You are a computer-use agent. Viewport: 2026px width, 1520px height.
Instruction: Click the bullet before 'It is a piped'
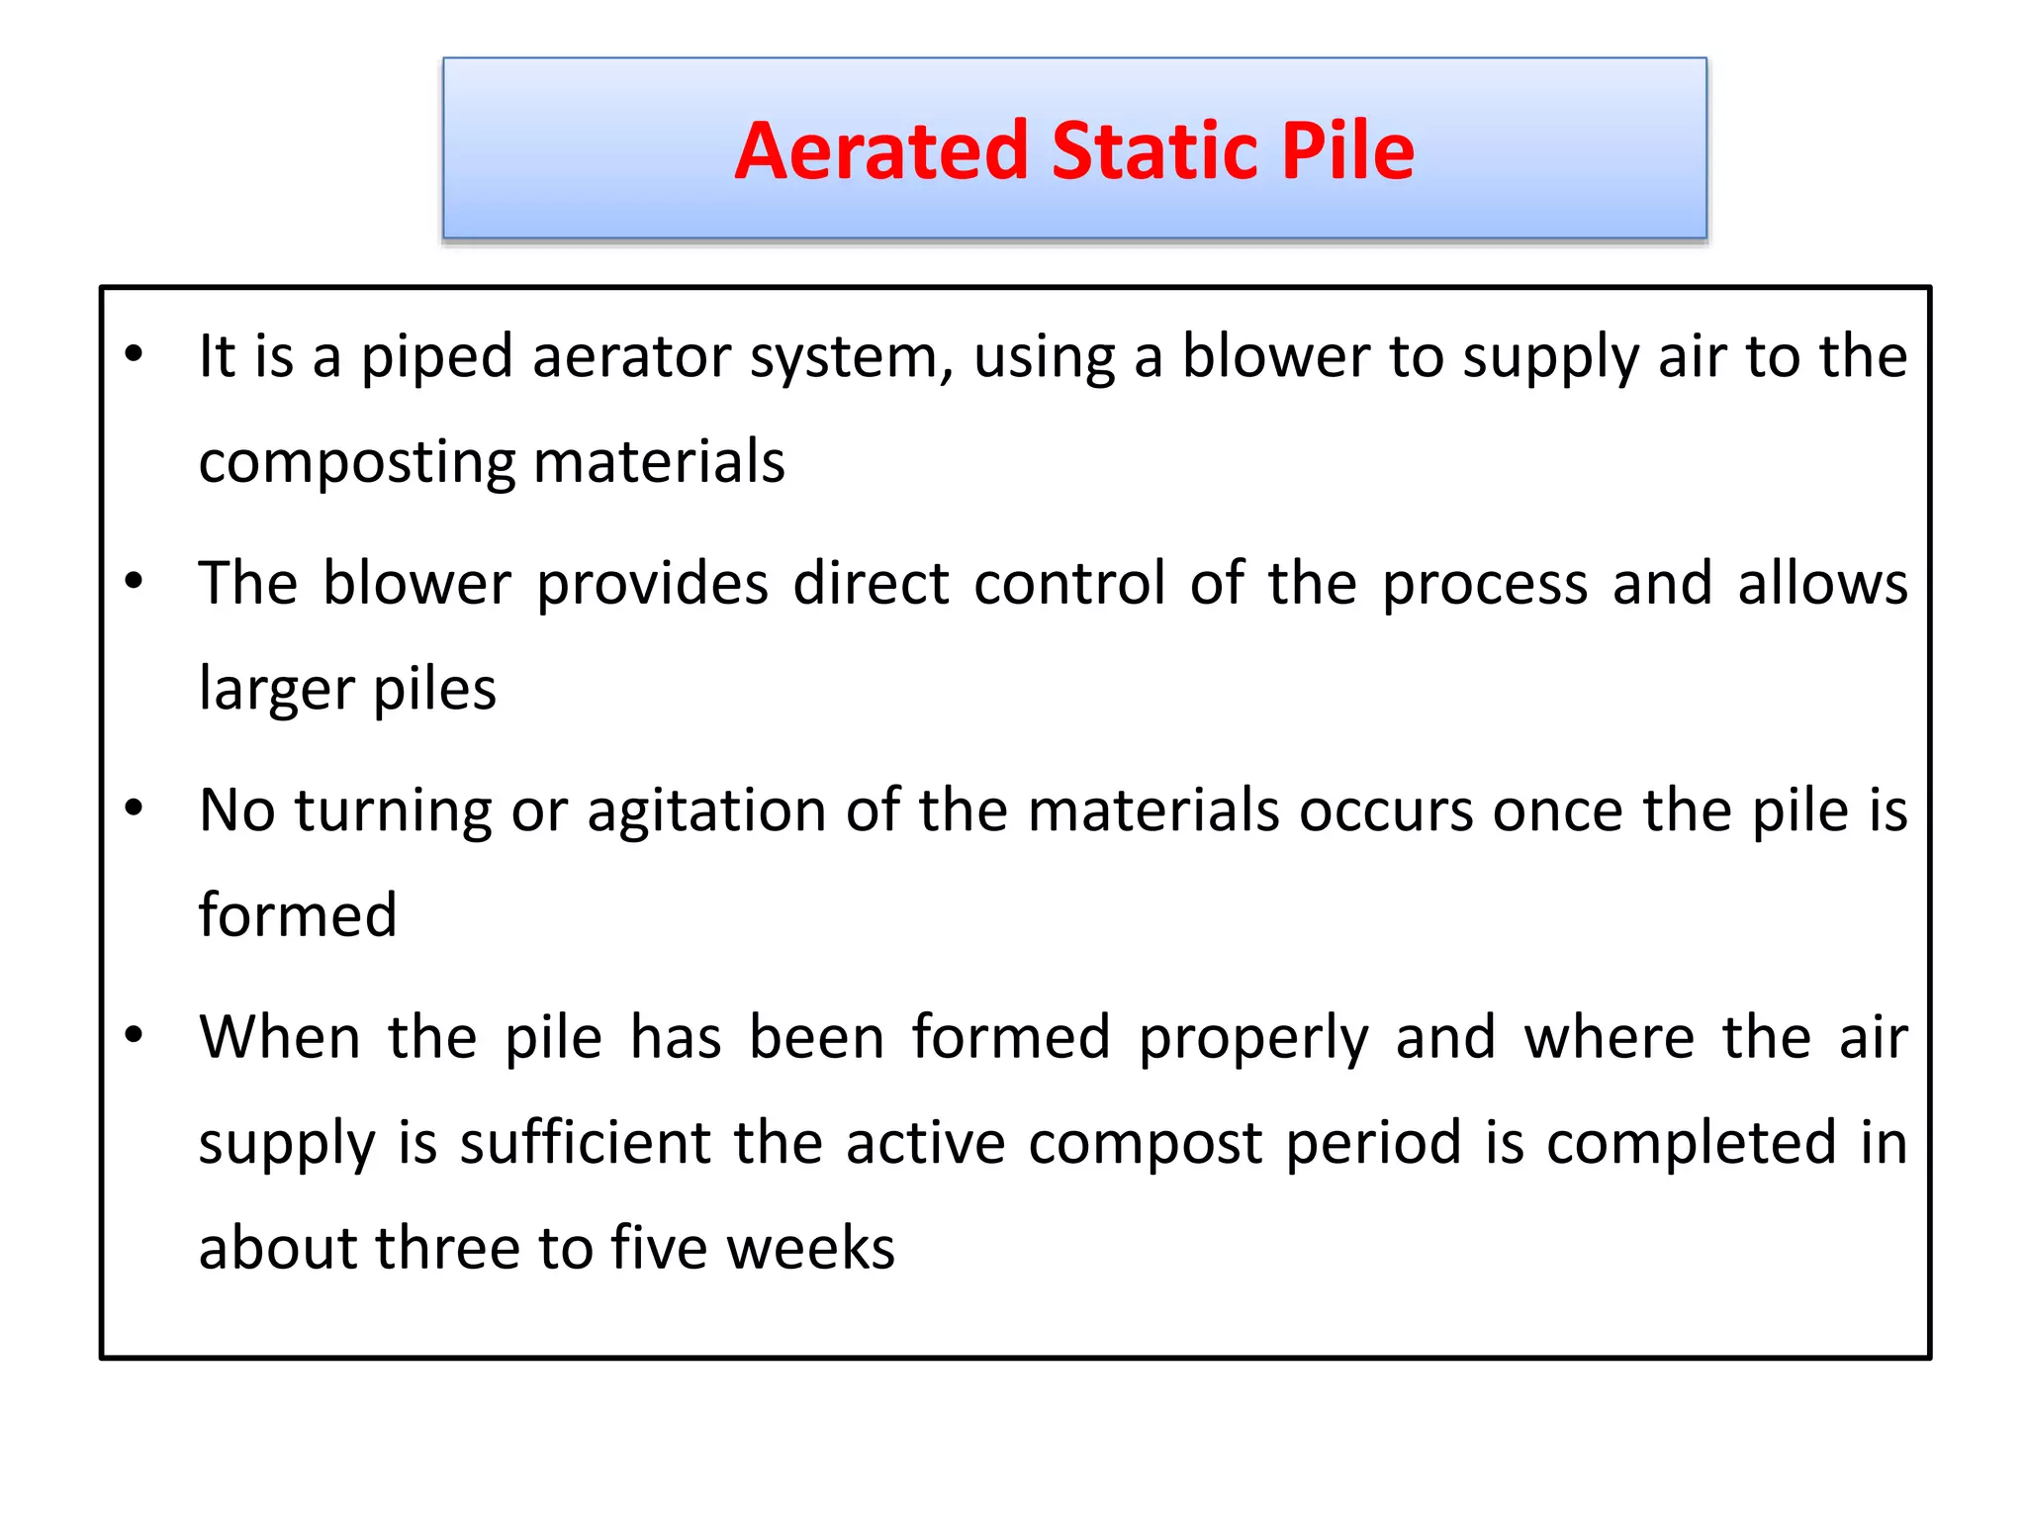click(x=135, y=353)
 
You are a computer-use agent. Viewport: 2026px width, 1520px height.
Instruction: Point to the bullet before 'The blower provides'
click(x=135, y=580)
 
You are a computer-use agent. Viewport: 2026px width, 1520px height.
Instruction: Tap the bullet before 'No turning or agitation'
click(x=135, y=807)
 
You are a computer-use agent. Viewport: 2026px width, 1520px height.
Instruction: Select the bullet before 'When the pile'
click(x=135, y=1035)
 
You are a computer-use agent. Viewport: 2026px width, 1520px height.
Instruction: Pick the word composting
click(x=357, y=463)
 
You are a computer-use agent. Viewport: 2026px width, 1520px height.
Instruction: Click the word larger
click(x=276, y=690)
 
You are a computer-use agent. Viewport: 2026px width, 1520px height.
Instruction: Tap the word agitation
click(x=706, y=810)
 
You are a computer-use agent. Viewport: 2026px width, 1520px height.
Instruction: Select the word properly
click(x=1253, y=1039)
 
